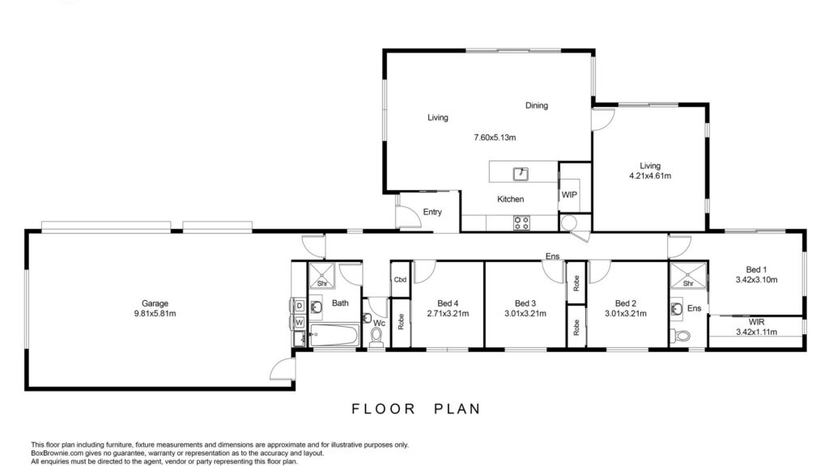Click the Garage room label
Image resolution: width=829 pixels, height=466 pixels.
(155, 303)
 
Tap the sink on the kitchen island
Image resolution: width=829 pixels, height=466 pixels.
(521, 173)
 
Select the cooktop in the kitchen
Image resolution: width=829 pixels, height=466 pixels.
(521, 223)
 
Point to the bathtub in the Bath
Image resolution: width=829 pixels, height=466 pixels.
(334, 335)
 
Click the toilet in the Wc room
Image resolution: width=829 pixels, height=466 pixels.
(376, 337)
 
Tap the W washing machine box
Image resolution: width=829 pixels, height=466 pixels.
(299, 322)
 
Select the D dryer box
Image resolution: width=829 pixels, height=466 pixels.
(299, 306)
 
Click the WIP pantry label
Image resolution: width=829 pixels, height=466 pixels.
(569, 195)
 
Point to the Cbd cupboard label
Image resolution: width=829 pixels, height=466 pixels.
(400, 279)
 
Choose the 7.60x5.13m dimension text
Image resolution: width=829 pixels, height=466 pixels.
(495, 138)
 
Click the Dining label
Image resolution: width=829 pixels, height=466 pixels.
(537, 106)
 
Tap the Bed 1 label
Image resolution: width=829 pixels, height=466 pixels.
(757, 270)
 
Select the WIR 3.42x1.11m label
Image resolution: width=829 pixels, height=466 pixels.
(757, 327)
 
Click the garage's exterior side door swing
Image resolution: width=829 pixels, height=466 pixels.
(283, 369)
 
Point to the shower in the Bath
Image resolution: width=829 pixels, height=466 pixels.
(322, 275)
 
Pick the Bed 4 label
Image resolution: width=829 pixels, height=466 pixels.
(448, 303)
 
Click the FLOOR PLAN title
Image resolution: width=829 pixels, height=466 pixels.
(416, 409)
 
